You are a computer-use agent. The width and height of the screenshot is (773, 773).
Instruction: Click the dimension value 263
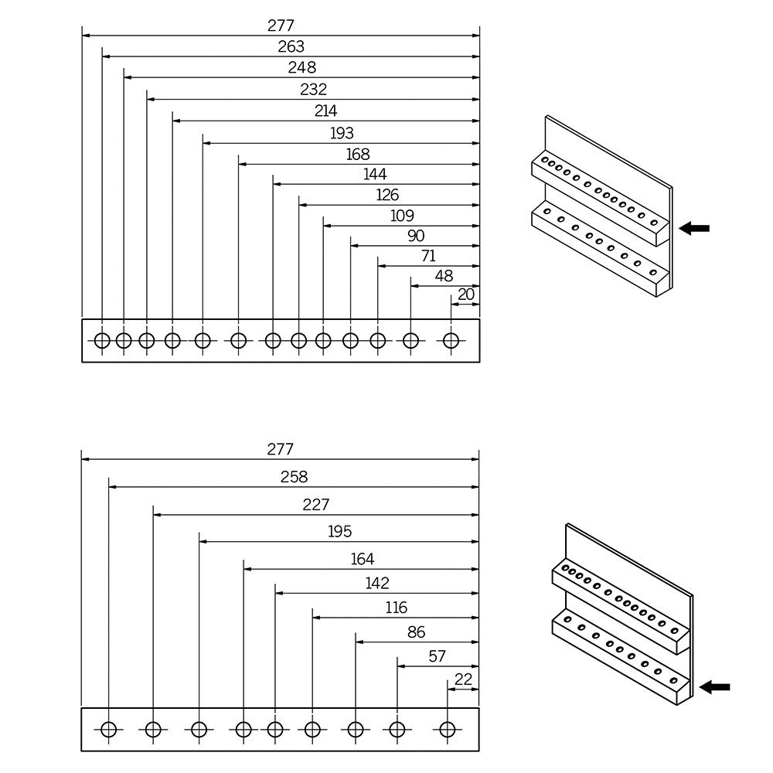[x=291, y=47]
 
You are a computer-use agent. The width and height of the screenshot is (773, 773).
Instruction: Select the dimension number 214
[x=326, y=111]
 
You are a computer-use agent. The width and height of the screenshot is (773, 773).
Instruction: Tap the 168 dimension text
[x=358, y=155]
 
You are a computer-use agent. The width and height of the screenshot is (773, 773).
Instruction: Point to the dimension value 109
[x=402, y=216]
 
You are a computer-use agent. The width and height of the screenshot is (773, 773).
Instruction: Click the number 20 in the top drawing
[x=466, y=295]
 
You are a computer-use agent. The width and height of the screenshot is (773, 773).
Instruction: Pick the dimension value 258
[x=294, y=477]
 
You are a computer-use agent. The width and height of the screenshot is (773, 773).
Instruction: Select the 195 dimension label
[x=339, y=532]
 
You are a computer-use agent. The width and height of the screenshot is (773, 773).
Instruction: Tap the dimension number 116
[x=397, y=608]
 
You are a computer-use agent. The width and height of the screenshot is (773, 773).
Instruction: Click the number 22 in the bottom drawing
[x=463, y=679]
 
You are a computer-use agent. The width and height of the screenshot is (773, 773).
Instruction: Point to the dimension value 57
[x=438, y=656]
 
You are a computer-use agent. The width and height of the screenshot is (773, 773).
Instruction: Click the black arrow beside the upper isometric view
[x=694, y=228]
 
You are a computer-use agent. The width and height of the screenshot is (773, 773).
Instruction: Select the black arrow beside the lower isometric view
[x=715, y=687]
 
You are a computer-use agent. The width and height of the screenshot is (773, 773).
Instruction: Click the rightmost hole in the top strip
[x=451, y=340]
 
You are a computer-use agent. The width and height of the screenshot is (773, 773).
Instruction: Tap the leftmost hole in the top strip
[x=102, y=340]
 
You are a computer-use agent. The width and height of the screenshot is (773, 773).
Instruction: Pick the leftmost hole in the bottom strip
[x=108, y=729]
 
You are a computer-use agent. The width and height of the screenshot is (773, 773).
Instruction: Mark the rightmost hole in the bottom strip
[x=447, y=729]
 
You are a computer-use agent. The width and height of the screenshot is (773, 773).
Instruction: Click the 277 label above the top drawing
[x=281, y=26]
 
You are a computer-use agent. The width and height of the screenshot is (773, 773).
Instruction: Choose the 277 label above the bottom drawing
[x=280, y=450]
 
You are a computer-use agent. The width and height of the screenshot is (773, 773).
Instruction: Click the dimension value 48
[x=444, y=276]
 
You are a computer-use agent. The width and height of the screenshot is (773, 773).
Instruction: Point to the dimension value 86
[x=417, y=632]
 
